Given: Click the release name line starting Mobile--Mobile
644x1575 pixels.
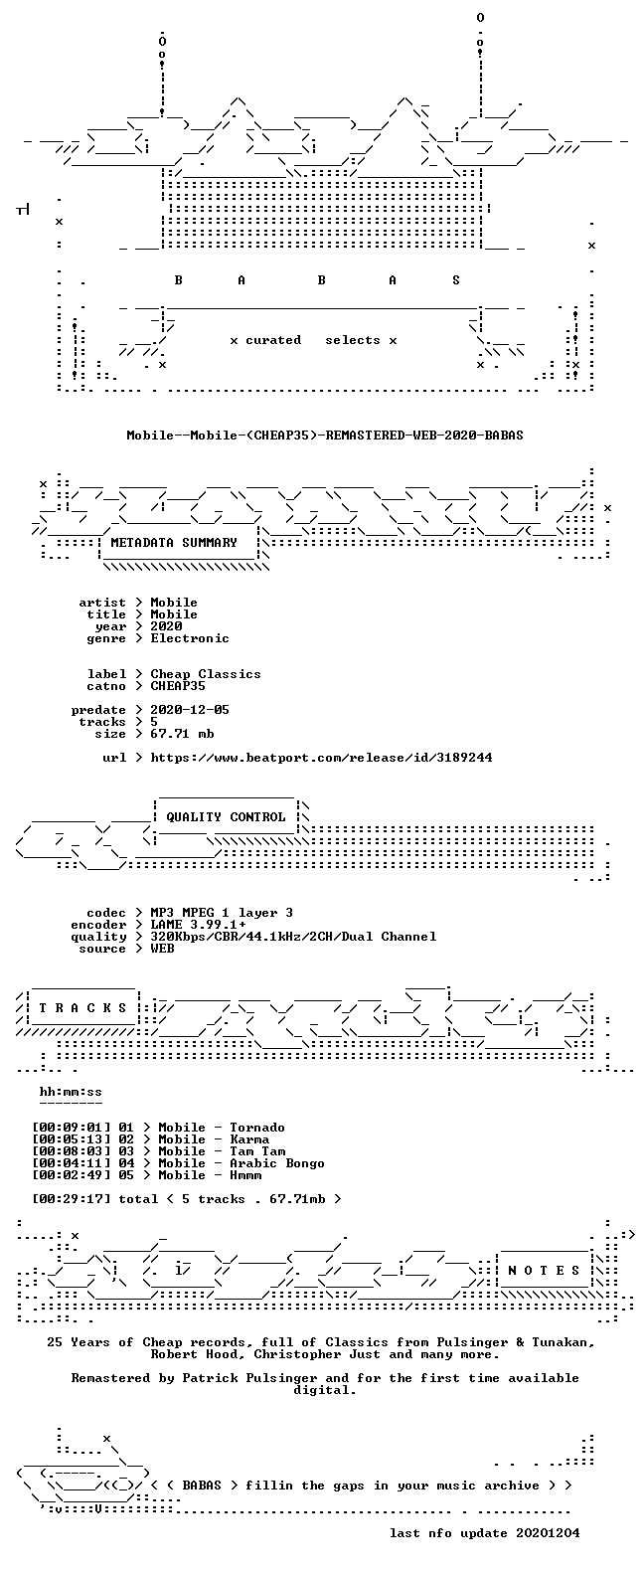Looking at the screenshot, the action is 325,436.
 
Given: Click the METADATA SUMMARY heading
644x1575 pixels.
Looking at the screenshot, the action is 174,542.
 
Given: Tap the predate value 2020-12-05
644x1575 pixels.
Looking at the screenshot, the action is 190,710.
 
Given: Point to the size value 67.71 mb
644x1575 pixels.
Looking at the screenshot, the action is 182,734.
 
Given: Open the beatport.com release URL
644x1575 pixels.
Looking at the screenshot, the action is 321,758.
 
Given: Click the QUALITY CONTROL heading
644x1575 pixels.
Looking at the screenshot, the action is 226,817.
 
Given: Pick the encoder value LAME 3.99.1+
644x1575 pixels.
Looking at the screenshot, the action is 198,925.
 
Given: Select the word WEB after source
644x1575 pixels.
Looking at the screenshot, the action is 162,949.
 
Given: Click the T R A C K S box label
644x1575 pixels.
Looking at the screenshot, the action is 82,1008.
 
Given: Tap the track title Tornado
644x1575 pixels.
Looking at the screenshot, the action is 257,1128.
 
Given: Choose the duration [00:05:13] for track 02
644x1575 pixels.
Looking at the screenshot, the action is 72,1139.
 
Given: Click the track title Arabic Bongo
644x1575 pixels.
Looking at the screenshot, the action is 277,1163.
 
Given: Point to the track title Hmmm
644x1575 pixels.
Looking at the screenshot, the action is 245,1175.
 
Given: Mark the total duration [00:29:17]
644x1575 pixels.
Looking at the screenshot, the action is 72,1199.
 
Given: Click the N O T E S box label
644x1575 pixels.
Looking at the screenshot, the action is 545,1271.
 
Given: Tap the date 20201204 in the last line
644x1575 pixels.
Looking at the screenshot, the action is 548,1533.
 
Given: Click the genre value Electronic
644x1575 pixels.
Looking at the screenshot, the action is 190,638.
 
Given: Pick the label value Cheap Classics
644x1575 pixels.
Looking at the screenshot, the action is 206,673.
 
